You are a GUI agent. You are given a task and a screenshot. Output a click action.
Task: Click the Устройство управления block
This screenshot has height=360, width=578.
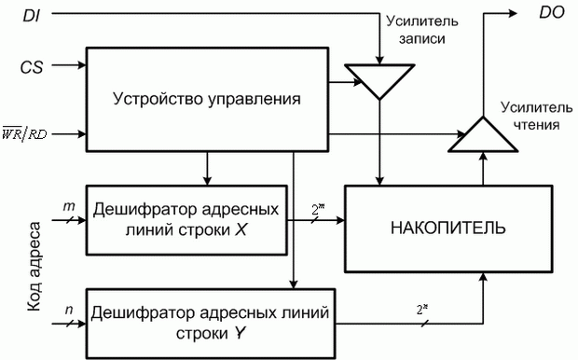(205, 97)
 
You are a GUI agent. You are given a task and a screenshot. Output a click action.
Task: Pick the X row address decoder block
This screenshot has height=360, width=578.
(186, 219)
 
